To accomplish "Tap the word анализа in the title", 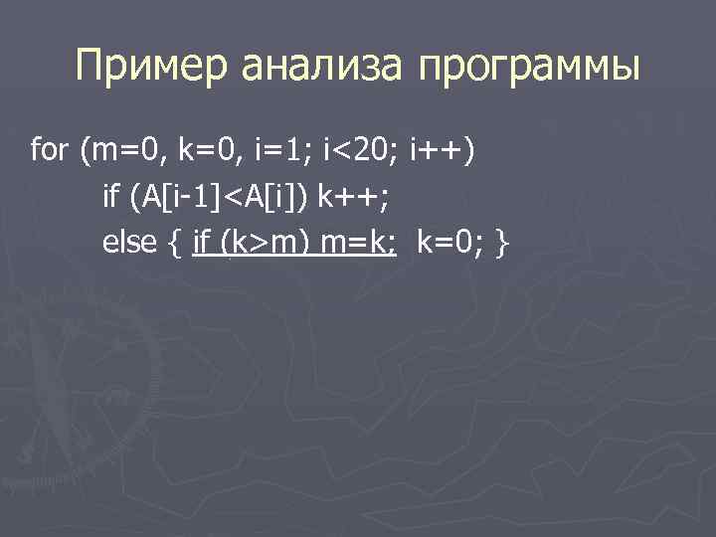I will click(327, 69).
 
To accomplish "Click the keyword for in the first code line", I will click(52, 150).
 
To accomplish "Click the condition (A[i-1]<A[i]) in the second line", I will click(219, 196).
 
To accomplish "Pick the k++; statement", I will click(354, 196).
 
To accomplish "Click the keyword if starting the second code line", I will click(111, 196).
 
